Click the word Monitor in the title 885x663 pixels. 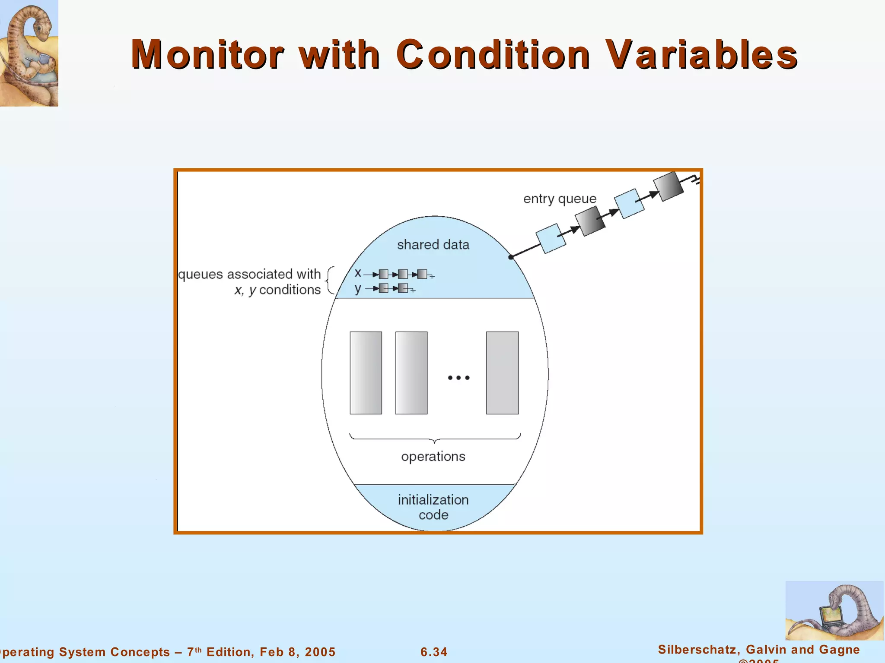[207, 55]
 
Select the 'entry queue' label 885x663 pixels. [560, 199]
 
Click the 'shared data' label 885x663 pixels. [433, 245]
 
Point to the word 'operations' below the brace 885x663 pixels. [433, 457]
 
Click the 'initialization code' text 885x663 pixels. [433, 507]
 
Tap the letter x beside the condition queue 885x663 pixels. [358, 273]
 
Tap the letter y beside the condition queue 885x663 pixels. [358, 288]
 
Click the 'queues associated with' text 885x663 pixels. [249, 275]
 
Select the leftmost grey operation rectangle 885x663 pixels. [366, 373]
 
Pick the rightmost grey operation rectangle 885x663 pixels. [502, 373]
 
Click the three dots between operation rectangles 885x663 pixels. [458, 378]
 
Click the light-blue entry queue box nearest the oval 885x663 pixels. [551, 239]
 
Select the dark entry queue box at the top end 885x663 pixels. [668, 186]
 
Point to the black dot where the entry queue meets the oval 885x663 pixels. [511, 257]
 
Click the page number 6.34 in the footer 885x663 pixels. [434, 652]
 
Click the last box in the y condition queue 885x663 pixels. [403, 288]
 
